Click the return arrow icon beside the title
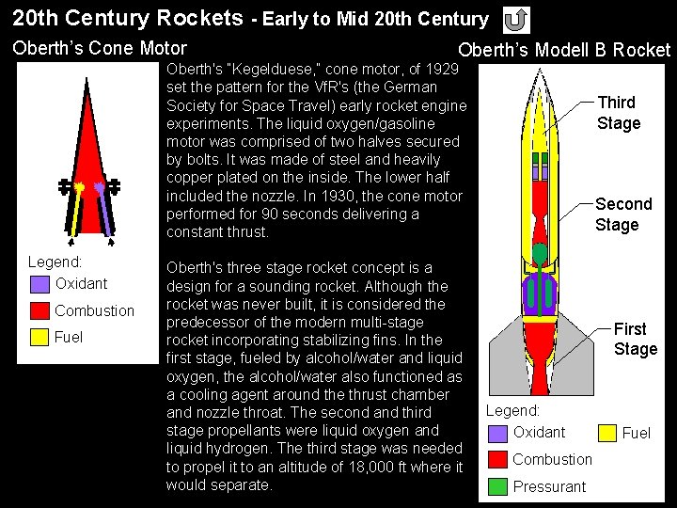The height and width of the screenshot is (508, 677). (516, 19)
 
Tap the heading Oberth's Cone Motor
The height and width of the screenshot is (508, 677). (100, 49)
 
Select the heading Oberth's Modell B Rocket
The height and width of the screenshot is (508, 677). (564, 51)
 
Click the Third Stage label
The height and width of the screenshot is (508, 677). (618, 113)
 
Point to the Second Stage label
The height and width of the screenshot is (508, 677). (622, 214)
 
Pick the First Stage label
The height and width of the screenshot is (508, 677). (635, 339)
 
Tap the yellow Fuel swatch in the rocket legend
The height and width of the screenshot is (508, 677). (607, 433)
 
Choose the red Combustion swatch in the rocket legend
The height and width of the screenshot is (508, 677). (499, 460)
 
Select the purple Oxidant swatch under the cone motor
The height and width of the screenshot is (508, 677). (39, 283)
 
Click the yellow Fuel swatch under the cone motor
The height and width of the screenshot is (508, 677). (39, 337)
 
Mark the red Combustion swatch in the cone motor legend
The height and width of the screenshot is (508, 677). (39, 310)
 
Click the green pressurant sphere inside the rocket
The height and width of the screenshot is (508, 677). (540, 252)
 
